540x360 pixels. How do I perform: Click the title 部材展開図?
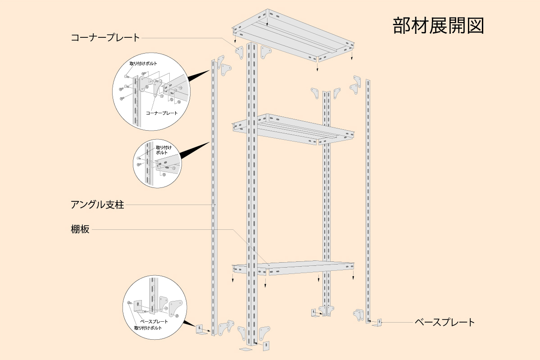[438, 26]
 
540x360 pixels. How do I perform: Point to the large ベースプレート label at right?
[445, 322]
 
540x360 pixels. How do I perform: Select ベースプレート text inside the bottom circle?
[154, 321]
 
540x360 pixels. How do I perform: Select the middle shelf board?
[293, 128]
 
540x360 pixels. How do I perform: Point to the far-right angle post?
[368, 198]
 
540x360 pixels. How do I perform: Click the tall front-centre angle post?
[252, 194]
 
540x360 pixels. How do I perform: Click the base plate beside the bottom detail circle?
[200, 330]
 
